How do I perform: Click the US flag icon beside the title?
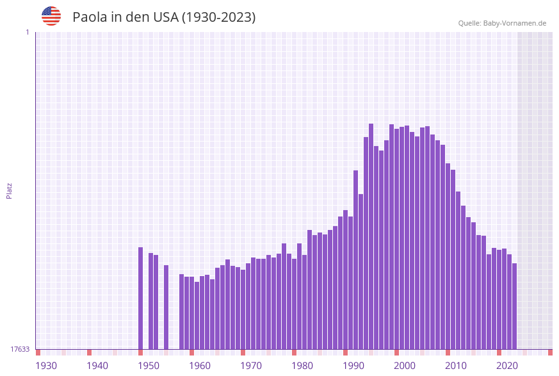[x=51, y=16]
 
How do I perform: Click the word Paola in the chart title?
[x=90, y=17]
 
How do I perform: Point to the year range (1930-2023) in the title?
[x=218, y=17]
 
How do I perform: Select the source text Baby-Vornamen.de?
[x=515, y=23]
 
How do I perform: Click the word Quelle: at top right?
[x=470, y=23]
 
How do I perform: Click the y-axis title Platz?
[x=10, y=190]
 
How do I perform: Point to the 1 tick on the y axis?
[x=27, y=32]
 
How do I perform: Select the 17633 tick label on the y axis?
[x=20, y=349]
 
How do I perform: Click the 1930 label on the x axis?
[x=46, y=366]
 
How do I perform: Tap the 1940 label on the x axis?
[x=97, y=366]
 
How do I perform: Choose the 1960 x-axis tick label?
[x=200, y=366]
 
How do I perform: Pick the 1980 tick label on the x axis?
[x=302, y=366]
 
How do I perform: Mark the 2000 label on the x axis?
[x=405, y=366]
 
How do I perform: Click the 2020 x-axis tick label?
[x=507, y=366]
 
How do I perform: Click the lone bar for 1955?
[x=166, y=307]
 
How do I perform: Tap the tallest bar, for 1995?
[x=371, y=236]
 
